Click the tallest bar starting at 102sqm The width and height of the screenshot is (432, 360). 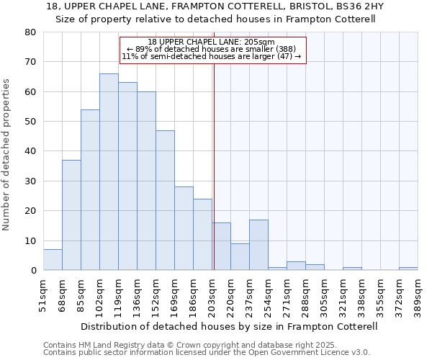coord(109,172)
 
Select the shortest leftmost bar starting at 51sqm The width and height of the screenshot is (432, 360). coord(53,260)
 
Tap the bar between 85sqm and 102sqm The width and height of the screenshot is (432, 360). coord(90,190)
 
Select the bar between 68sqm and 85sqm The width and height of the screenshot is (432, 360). coord(71,215)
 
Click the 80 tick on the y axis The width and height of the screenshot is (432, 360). coord(30,32)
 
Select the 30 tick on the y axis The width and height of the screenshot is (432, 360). coord(30,181)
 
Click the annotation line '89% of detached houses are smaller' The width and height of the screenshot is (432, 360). coord(211,49)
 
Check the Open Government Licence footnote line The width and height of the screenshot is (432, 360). coord(206,353)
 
